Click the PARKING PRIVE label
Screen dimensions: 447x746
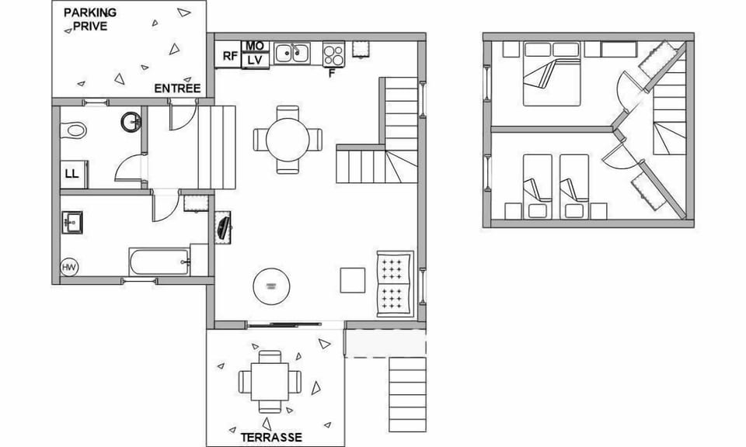(89, 19)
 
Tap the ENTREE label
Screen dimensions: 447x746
(177, 88)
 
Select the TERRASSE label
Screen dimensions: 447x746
(270, 437)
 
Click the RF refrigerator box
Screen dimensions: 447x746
(229, 56)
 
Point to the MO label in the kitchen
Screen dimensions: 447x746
(255, 46)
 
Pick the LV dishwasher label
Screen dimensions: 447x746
(255, 60)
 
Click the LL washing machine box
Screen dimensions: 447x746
(71, 175)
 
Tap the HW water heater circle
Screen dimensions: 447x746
(69, 268)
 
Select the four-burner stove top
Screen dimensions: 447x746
(334, 54)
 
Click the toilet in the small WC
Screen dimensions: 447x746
(75, 130)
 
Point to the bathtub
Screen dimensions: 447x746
(159, 262)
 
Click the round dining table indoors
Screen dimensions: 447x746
(288, 140)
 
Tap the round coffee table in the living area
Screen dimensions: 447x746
(270, 286)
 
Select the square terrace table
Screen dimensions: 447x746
(270, 381)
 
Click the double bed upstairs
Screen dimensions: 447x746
(553, 78)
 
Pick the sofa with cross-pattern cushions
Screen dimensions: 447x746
(394, 285)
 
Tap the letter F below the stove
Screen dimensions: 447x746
(332, 74)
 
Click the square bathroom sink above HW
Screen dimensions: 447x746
(73, 222)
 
